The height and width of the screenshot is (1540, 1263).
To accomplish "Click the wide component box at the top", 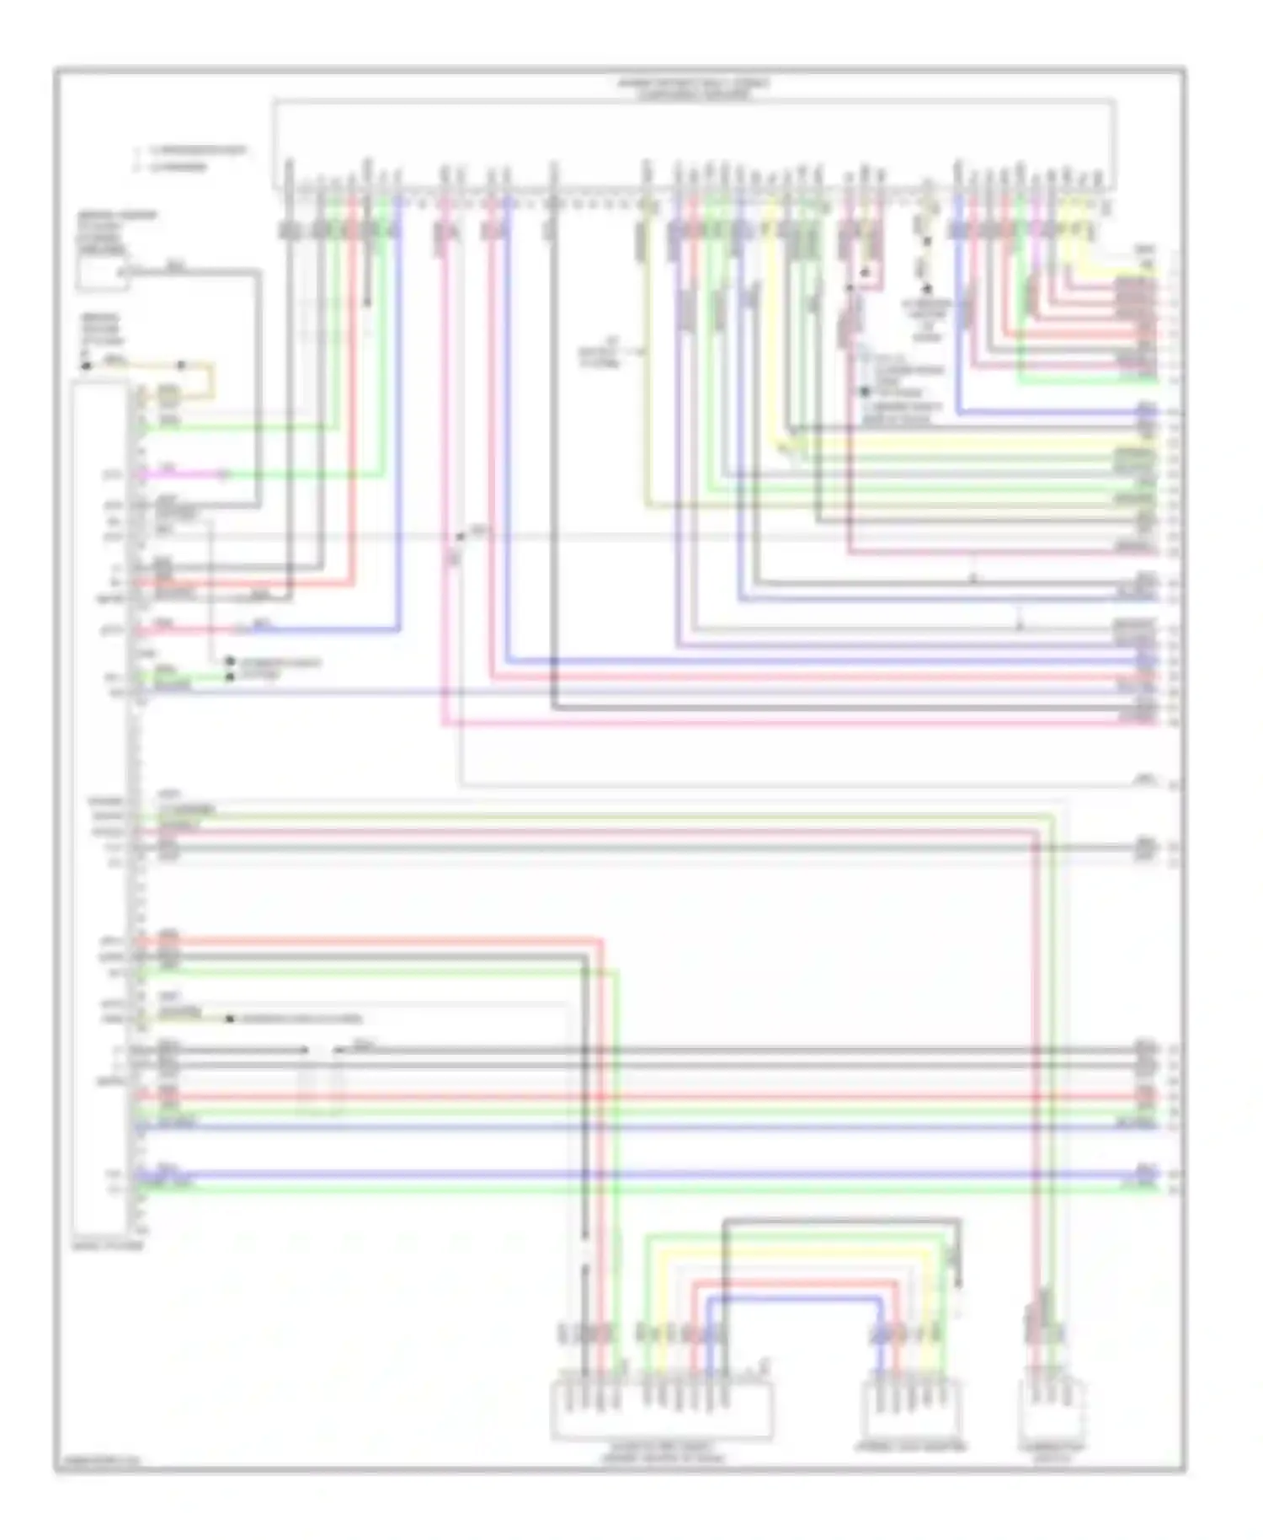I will click(694, 143).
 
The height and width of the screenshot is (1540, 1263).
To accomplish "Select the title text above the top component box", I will click(694, 88).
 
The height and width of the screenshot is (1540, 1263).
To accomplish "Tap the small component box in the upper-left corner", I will click(102, 274).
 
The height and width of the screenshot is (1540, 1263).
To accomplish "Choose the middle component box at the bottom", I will click(910, 1411).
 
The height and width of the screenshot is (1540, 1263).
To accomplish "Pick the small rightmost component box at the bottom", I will click(1052, 1411).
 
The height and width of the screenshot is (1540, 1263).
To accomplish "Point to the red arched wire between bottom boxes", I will click(796, 1282).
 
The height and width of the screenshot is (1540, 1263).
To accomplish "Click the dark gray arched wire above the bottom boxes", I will click(842, 1220).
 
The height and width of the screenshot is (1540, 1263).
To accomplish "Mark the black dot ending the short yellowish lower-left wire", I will click(229, 1019).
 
